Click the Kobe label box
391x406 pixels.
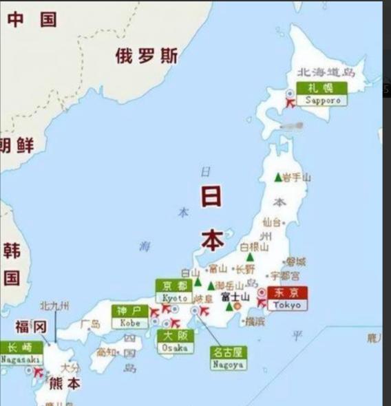pyautogui.click(x=129, y=317)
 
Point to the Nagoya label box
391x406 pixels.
pyautogui.click(x=229, y=358)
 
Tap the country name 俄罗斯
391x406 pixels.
pyautogui.click(x=146, y=56)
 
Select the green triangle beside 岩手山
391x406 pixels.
pyautogui.click(x=278, y=177)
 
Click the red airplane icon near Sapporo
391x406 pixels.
pyautogui.click(x=290, y=103)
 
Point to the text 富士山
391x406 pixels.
pyautogui.click(x=235, y=297)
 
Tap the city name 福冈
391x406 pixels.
pyautogui.click(x=30, y=325)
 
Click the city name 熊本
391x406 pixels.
pyautogui.click(x=63, y=383)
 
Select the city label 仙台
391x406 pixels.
pyautogui.click(x=272, y=222)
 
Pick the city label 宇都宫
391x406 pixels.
pyautogui.click(x=285, y=275)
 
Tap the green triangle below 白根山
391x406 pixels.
pyautogui.click(x=249, y=257)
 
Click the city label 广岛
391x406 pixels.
pyautogui.click(x=90, y=323)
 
